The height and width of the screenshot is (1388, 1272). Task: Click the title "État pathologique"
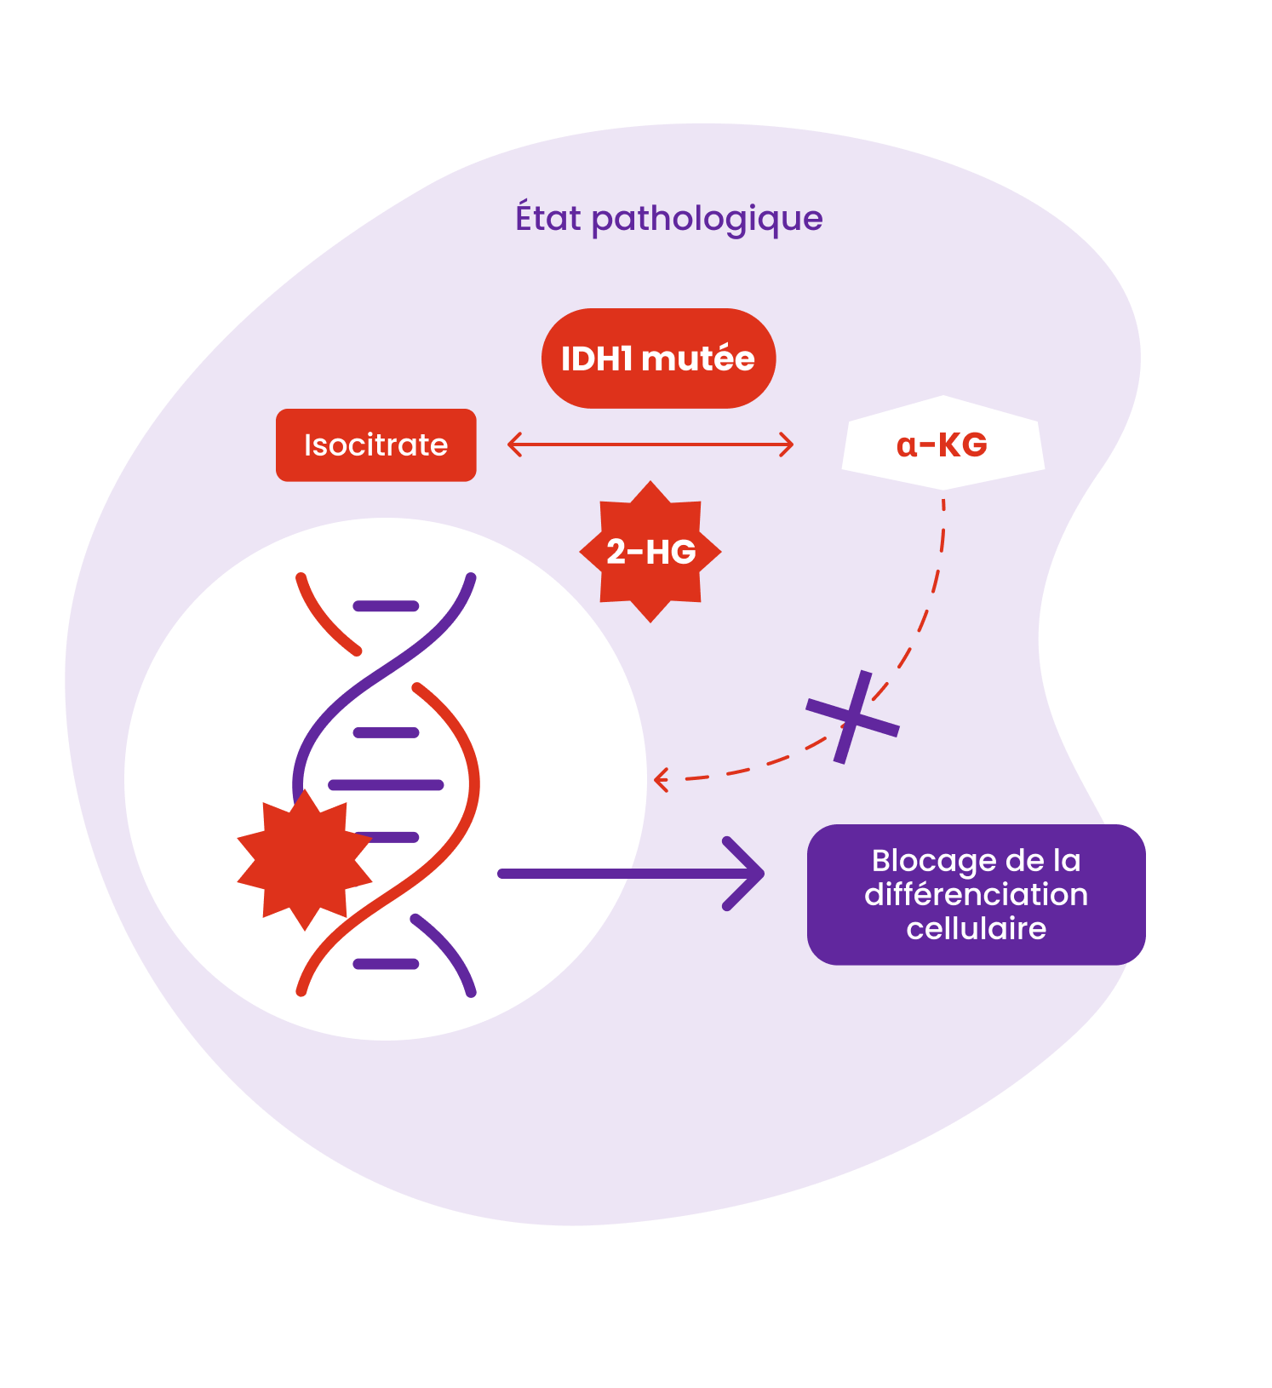click(668, 218)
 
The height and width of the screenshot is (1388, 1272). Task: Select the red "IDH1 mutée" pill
click(658, 358)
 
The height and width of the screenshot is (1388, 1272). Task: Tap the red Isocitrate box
click(375, 445)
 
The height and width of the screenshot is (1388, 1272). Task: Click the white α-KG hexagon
click(943, 444)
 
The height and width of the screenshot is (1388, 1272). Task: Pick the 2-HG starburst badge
click(650, 552)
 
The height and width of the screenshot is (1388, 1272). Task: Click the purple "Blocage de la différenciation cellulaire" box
click(976, 894)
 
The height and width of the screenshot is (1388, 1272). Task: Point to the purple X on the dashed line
click(852, 717)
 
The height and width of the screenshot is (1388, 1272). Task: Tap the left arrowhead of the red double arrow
click(513, 445)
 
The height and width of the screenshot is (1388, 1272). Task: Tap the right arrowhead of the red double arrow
click(788, 445)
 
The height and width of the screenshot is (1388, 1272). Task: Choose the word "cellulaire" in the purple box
click(976, 928)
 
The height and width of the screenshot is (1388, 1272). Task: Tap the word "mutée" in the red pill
click(698, 358)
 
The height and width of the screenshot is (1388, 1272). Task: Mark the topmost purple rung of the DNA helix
click(386, 606)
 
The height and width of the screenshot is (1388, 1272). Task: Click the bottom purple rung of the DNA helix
click(386, 964)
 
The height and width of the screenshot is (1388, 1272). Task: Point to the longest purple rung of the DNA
click(386, 784)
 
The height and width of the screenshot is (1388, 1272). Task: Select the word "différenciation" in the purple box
click(976, 895)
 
